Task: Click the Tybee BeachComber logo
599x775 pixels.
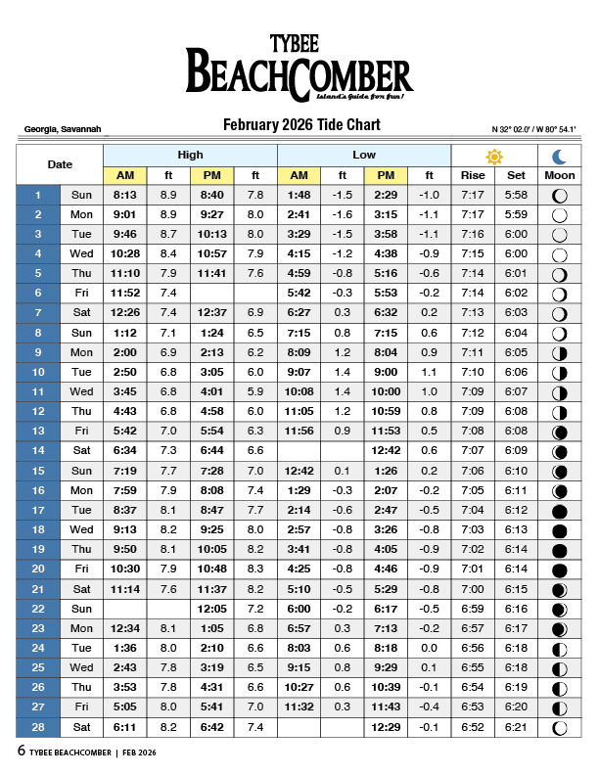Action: click(x=299, y=68)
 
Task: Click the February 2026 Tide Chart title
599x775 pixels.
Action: click(x=301, y=125)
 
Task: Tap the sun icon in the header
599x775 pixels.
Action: click(x=494, y=157)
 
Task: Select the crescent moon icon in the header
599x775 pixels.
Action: click(x=560, y=157)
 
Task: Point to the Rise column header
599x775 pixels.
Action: click(x=473, y=175)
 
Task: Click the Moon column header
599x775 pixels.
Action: click(x=560, y=175)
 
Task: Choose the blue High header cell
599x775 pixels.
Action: click(x=190, y=156)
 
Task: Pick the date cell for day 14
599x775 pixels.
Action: click(x=38, y=451)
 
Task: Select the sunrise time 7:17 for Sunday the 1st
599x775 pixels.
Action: click(x=473, y=195)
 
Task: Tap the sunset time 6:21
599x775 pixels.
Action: click(x=516, y=727)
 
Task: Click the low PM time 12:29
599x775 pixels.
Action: click(x=386, y=727)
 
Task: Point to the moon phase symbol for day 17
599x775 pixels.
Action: click(x=560, y=511)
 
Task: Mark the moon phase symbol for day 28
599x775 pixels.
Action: click(x=560, y=727)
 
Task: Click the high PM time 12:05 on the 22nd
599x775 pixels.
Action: click(x=211, y=609)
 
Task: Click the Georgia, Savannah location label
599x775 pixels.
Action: click(x=62, y=129)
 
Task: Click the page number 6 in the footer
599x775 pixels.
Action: click(x=21, y=752)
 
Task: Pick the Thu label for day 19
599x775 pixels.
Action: click(x=81, y=550)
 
